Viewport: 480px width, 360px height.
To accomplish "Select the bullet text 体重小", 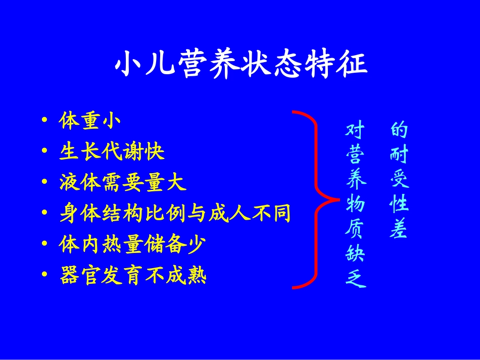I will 89,121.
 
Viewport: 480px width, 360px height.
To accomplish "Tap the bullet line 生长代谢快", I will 112,152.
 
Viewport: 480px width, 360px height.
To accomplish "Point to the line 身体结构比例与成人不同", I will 175,214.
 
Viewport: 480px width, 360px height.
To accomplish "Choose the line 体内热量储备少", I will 132,245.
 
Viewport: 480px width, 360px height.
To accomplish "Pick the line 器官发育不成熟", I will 133,276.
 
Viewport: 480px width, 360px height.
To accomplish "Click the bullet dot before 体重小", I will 46,122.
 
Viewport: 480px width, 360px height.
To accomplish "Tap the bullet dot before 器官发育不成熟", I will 46,277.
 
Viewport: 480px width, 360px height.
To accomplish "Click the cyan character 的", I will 399,130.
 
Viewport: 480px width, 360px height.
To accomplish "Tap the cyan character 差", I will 399,230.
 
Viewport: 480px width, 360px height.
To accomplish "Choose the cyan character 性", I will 399,204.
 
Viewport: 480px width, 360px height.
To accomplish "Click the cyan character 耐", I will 399,155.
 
